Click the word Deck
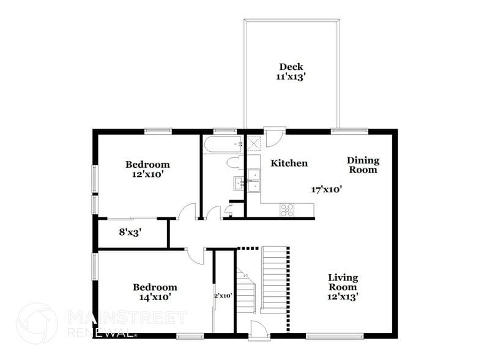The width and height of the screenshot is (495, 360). click(291, 67)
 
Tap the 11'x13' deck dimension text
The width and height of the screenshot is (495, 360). click(291, 77)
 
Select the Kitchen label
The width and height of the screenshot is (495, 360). click(289, 163)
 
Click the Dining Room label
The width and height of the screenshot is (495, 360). click(363, 165)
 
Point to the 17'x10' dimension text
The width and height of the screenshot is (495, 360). click(326, 190)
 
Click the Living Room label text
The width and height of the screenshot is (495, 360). click(343, 282)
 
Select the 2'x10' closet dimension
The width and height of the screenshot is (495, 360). click(224, 296)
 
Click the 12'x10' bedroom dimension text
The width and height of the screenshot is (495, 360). click(147, 174)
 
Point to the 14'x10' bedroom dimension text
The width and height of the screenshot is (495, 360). click(155, 297)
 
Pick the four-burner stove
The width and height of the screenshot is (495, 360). click(287, 209)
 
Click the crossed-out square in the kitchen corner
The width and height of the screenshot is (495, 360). click(255, 143)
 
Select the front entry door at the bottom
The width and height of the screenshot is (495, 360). click(258, 331)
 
